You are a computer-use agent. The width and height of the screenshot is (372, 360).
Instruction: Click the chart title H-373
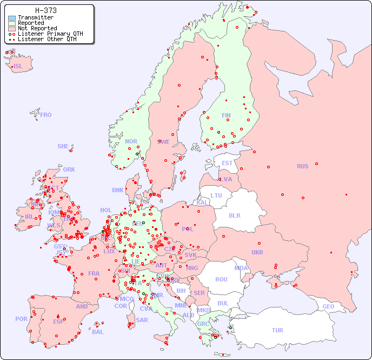(46, 10)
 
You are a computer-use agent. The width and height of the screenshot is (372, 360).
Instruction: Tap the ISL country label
(18, 67)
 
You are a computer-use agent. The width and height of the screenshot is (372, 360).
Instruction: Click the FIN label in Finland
(226, 115)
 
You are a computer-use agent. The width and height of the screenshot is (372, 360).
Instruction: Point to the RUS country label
(302, 166)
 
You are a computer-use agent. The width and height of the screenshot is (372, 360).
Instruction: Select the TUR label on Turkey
(277, 330)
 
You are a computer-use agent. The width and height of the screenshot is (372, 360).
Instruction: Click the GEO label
(328, 306)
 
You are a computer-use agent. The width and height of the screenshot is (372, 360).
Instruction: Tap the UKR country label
(257, 252)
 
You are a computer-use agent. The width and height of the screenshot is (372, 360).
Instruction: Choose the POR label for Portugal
(21, 319)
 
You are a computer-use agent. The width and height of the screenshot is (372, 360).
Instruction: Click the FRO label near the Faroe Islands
(46, 115)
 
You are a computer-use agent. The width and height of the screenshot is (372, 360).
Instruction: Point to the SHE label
(63, 146)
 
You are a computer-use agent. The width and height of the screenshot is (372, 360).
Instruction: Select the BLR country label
(235, 215)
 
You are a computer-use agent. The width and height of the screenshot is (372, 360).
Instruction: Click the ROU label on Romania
(221, 279)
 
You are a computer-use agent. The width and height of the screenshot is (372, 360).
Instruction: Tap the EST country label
(227, 163)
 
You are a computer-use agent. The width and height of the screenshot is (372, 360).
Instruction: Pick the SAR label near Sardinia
(142, 320)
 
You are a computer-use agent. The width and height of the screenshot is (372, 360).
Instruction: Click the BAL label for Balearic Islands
(98, 332)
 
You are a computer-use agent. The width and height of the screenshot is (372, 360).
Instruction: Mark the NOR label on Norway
(131, 141)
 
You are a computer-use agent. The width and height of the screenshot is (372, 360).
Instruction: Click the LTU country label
(216, 195)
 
